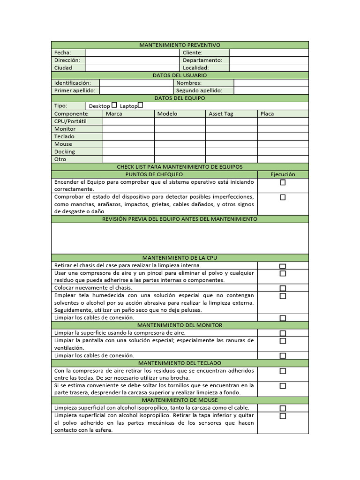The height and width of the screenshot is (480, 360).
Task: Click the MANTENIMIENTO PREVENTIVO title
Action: click(x=180, y=45)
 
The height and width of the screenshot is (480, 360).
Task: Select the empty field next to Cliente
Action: click(x=269, y=52)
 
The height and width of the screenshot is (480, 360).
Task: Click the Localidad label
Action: click(x=195, y=67)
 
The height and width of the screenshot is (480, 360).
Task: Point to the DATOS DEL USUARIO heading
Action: click(x=180, y=75)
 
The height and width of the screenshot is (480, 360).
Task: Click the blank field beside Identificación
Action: click(x=136, y=83)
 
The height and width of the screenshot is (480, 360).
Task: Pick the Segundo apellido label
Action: click(x=199, y=90)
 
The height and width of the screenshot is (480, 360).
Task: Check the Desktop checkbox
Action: click(x=114, y=105)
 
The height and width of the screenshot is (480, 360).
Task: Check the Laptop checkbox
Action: click(x=140, y=105)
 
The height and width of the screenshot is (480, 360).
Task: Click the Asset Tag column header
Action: click(x=221, y=113)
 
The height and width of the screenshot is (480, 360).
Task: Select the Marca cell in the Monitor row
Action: click(x=128, y=129)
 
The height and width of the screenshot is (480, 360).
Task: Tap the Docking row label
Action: click(x=65, y=151)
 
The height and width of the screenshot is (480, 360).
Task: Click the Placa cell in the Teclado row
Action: click(x=283, y=136)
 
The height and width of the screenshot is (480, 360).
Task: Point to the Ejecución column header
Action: click(x=283, y=174)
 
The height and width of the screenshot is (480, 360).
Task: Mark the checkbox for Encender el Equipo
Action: click(x=283, y=182)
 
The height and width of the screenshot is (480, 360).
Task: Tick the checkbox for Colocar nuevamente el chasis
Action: click(x=283, y=288)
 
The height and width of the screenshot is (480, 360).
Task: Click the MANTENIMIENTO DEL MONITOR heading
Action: click(x=180, y=325)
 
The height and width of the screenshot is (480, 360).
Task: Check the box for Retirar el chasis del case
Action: click(x=283, y=266)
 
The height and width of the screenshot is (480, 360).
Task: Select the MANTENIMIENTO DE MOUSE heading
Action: click(x=180, y=400)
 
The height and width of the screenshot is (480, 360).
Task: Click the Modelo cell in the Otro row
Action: click(x=180, y=159)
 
